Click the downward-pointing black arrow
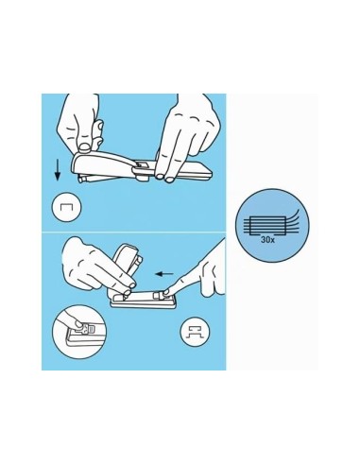[x=58, y=170]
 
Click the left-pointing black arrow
[x=164, y=274]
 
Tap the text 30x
[x=267, y=240]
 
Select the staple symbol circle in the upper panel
[x=66, y=207]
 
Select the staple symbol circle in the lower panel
[x=196, y=332]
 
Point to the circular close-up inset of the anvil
[x=79, y=332]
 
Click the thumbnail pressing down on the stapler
[x=84, y=146]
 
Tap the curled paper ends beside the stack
[x=292, y=218]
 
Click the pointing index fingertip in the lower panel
[x=166, y=292]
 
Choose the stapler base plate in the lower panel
[x=144, y=301]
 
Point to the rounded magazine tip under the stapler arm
[x=82, y=180]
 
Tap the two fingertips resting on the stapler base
[x=164, y=178]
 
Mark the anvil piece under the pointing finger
[x=160, y=296]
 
